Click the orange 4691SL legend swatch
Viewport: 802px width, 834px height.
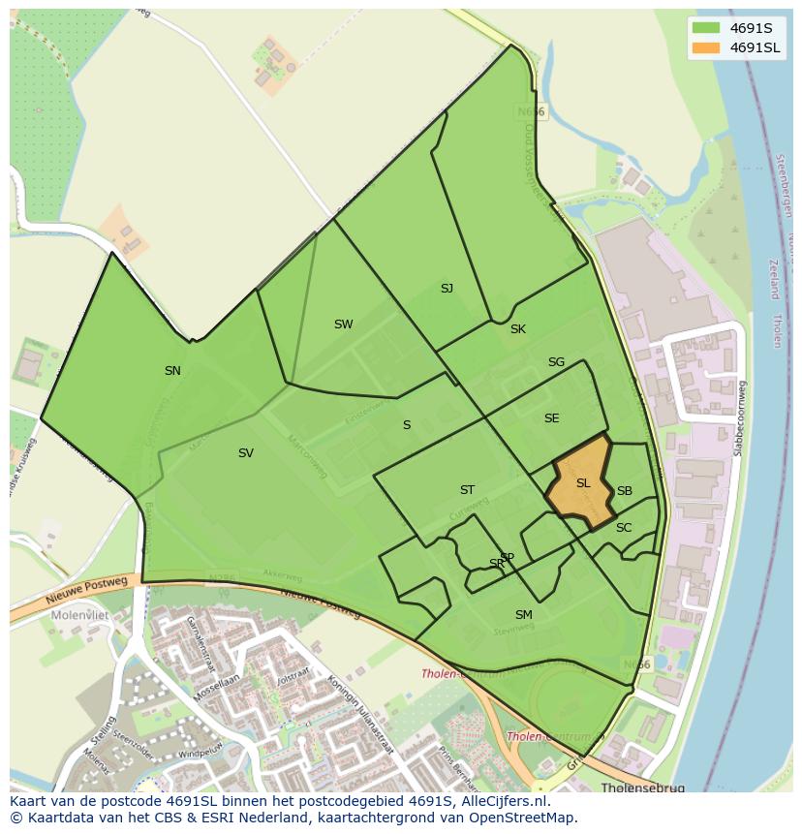pyautogui.click(x=707, y=47)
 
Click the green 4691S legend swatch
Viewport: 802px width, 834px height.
pyautogui.click(x=707, y=27)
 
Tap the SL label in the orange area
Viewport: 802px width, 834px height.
pyautogui.click(x=583, y=483)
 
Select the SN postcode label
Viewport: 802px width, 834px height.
pyautogui.click(x=172, y=371)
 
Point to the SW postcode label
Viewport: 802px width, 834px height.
pyautogui.click(x=343, y=324)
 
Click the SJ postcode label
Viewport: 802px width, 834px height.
pyautogui.click(x=447, y=289)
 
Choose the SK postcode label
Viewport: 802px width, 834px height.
pyautogui.click(x=518, y=329)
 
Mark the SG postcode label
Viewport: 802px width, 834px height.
pyautogui.click(x=556, y=362)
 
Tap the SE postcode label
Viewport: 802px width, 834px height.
pyautogui.click(x=551, y=418)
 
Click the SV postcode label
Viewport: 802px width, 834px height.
pyautogui.click(x=246, y=453)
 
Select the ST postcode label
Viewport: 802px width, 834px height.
pyautogui.click(x=467, y=490)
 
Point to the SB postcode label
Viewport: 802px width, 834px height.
pyautogui.click(x=625, y=491)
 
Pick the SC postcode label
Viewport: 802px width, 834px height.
pyautogui.click(x=624, y=528)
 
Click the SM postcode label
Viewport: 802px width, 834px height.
pyautogui.click(x=523, y=615)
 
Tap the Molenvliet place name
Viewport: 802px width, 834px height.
pyautogui.click(x=81, y=614)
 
